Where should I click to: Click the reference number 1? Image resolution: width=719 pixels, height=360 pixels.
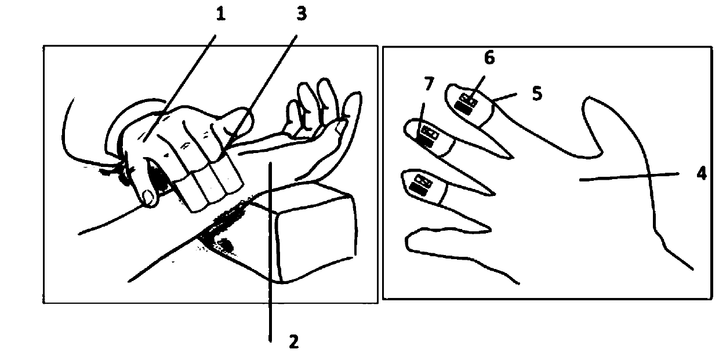pos(220,14)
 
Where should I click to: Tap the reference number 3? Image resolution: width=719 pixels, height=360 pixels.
pos(302,14)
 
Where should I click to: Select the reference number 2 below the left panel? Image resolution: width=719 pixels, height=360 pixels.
pos(294,341)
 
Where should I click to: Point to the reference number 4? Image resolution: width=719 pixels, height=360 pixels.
pos(702,173)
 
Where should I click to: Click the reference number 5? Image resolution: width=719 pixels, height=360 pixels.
pos(537,94)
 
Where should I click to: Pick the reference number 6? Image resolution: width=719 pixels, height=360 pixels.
pos(489,58)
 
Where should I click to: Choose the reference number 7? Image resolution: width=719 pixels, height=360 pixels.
pos(429,84)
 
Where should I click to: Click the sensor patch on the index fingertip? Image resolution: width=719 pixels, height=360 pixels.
pos(466,103)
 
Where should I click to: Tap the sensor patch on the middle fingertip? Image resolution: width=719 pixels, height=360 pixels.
pos(427,136)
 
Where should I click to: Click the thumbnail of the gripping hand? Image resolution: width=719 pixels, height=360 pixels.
pos(148,197)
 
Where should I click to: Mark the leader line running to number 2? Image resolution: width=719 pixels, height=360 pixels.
pos(271,252)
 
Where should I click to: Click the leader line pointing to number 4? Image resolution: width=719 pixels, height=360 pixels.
pos(629,177)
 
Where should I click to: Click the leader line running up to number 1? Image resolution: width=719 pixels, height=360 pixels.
pos(180,88)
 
